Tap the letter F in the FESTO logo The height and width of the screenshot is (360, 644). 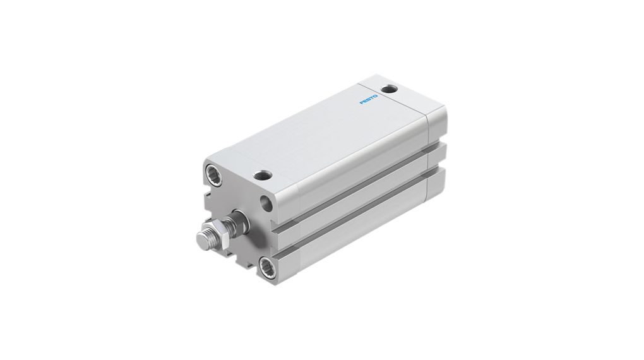362,103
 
